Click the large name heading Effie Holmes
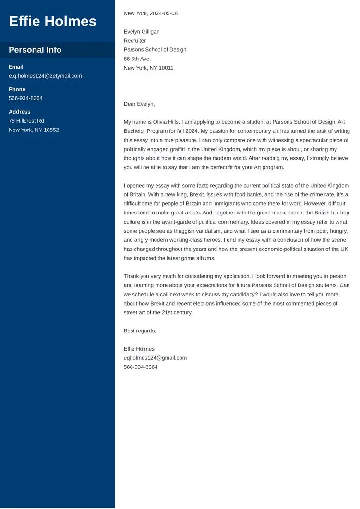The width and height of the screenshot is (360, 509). [52, 21]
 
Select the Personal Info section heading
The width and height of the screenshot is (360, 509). [35, 50]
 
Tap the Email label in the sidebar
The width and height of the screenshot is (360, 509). [16, 67]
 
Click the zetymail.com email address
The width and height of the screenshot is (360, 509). [45, 76]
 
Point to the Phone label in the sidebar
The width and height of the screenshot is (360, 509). [17, 89]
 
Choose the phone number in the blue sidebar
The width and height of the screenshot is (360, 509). [25, 98]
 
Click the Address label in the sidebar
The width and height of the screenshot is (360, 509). [19, 112]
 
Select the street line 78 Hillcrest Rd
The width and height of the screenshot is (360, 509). [26, 121]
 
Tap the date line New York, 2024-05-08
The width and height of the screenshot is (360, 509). [150, 13]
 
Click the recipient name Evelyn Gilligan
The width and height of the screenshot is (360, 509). [142, 32]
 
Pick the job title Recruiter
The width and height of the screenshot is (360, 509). [135, 41]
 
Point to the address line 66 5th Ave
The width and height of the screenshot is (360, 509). [137, 59]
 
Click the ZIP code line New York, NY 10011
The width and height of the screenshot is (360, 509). [148, 68]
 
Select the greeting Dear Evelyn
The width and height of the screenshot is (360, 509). [139, 104]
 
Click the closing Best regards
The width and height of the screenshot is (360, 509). [140, 331]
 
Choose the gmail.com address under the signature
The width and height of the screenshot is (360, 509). [155, 358]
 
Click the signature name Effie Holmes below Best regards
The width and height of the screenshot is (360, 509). [139, 349]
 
